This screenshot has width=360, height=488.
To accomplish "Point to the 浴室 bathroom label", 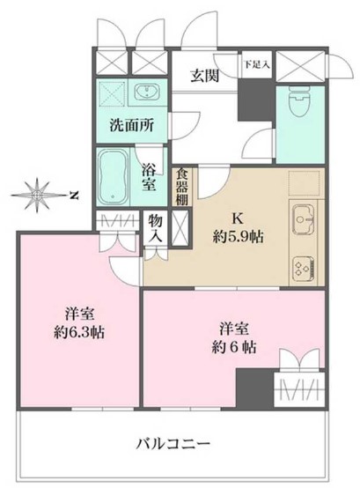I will [150, 171].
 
